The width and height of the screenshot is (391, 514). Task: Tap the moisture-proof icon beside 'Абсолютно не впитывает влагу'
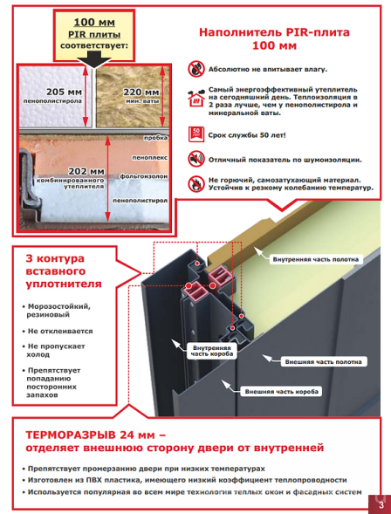pos(196,66)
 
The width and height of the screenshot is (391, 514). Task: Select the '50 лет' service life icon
pos(196,134)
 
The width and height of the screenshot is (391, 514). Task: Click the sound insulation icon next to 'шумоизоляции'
pos(196,159)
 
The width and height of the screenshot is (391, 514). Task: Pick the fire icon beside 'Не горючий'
pos(196,184)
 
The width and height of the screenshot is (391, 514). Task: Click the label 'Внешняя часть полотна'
pos(324,360)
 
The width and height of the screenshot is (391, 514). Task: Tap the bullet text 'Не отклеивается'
pos(61,332)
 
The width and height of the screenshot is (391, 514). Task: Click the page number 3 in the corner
pos(380,504)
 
